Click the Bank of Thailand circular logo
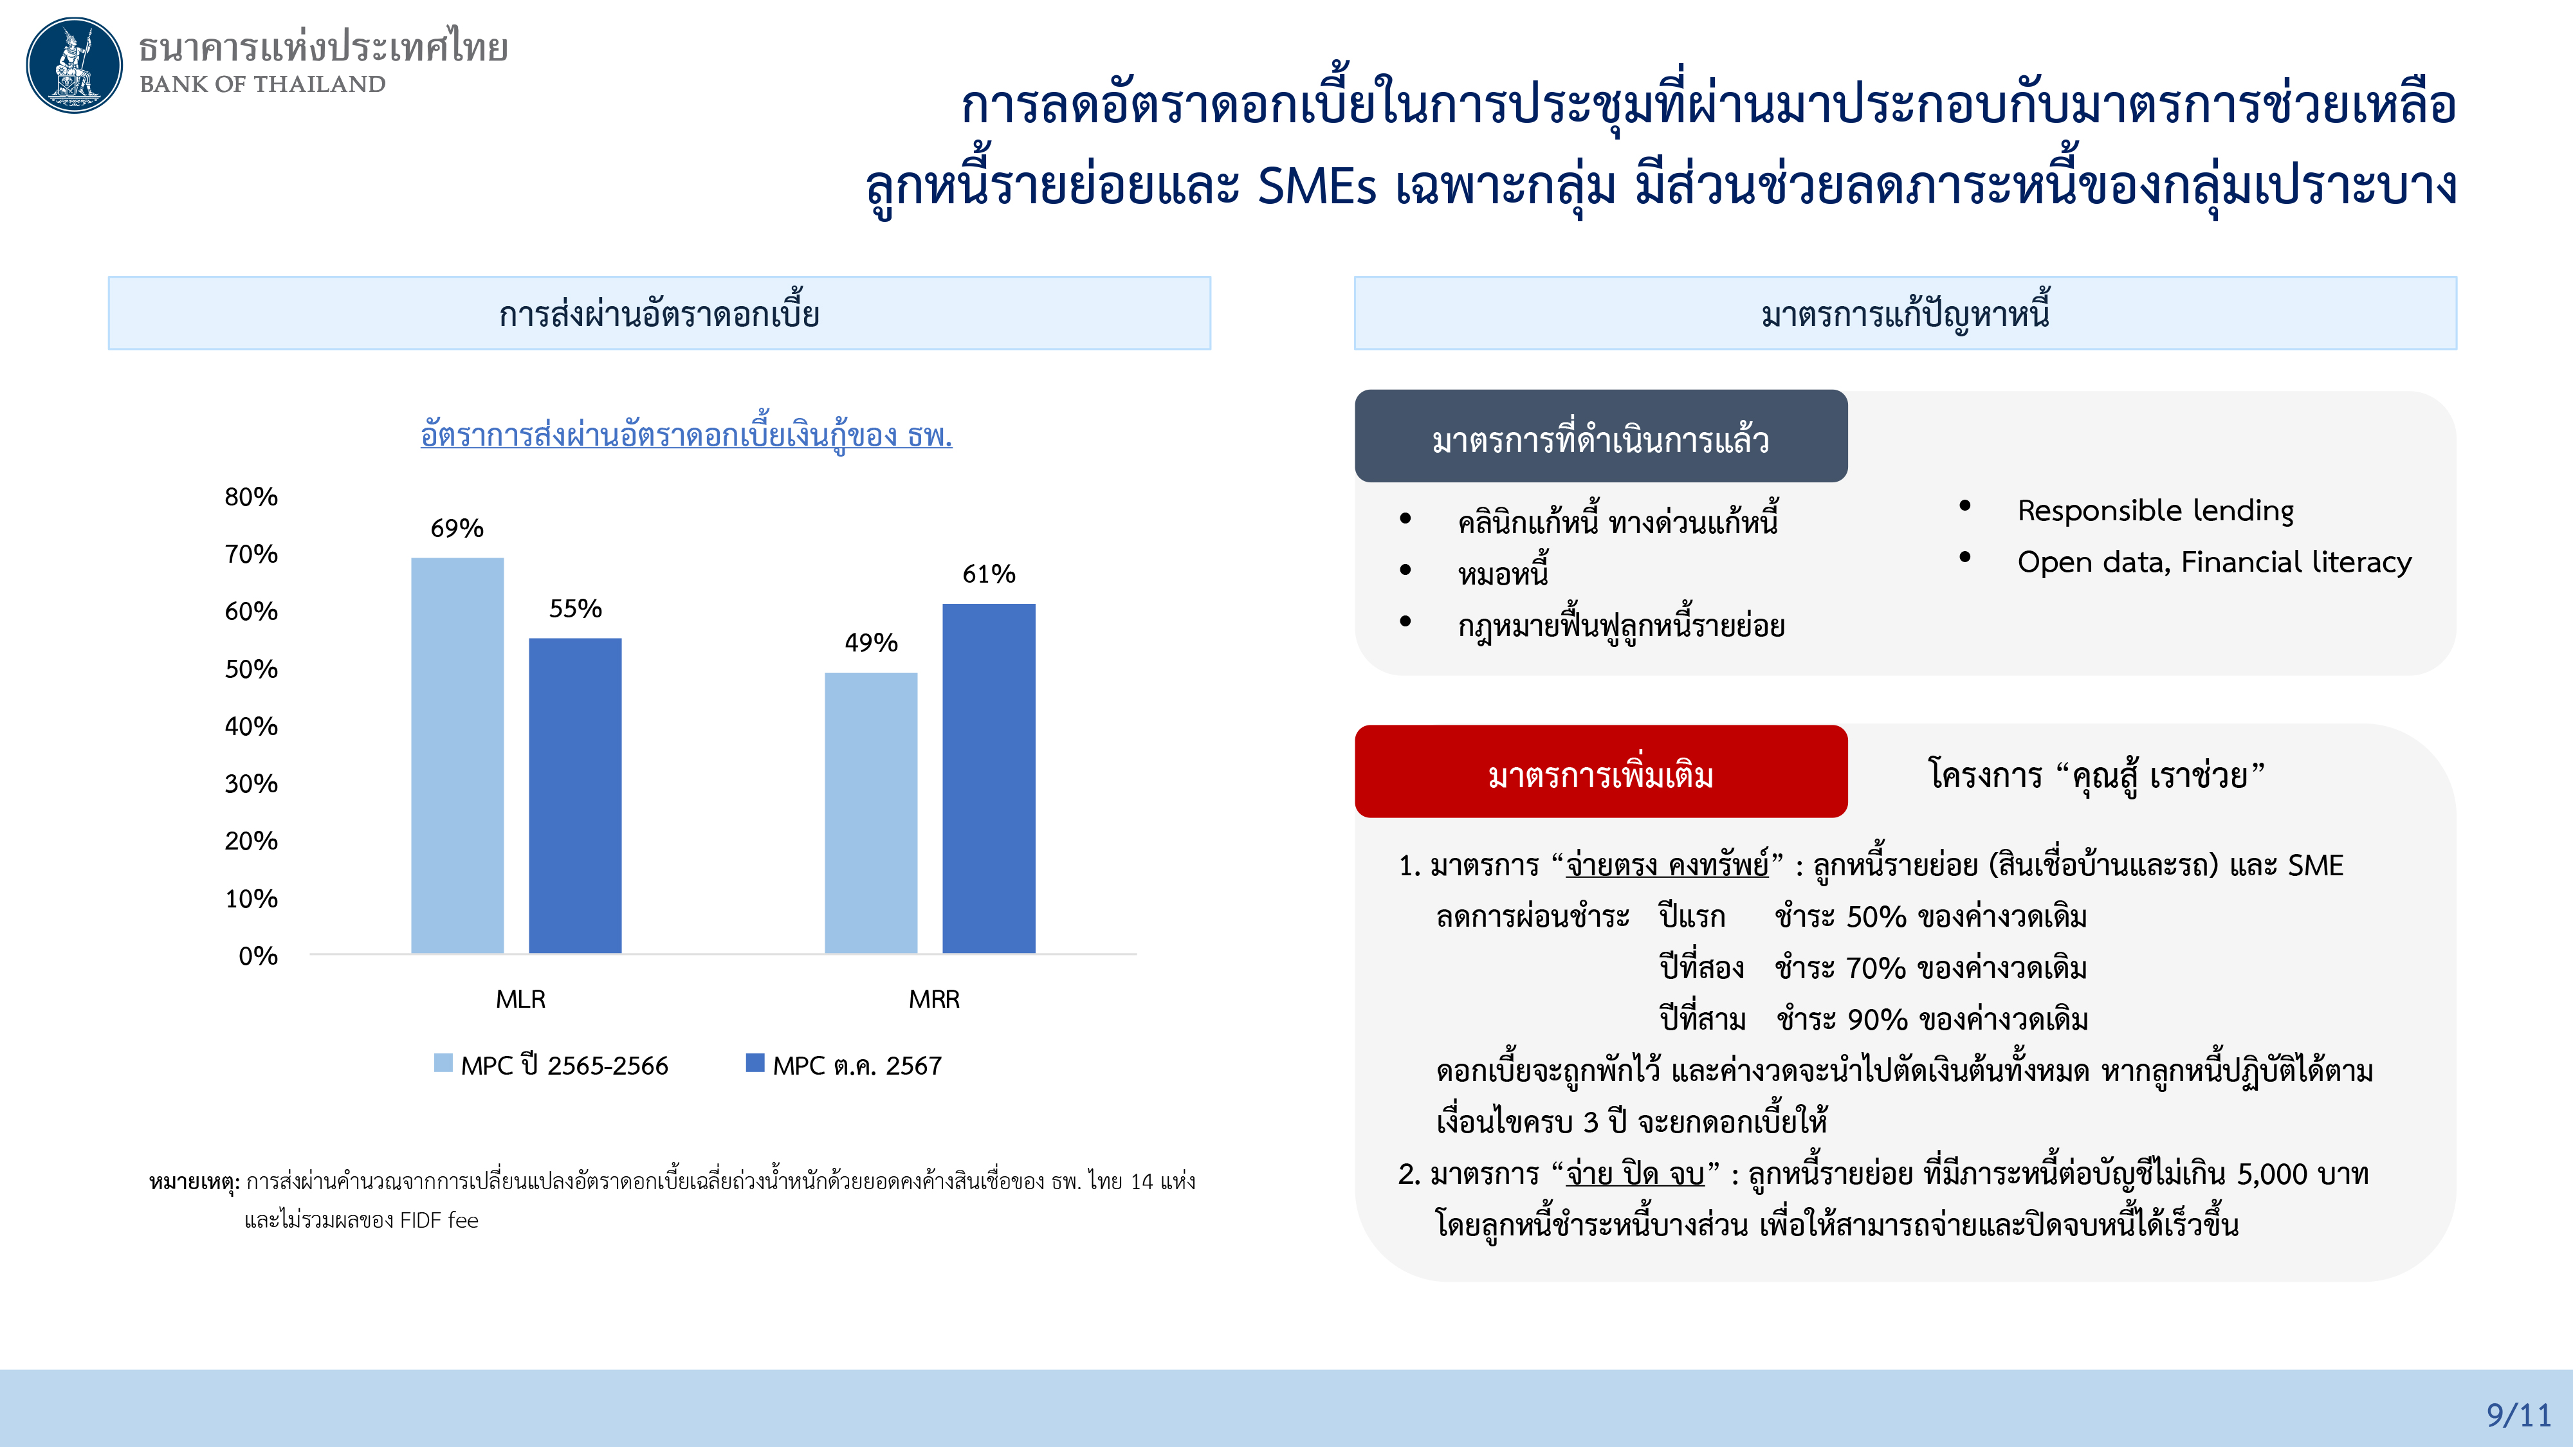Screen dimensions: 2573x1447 74,65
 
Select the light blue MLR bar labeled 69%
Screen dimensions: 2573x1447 457,755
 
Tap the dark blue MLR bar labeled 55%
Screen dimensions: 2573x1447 575,796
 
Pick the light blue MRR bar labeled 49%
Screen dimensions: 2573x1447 871,813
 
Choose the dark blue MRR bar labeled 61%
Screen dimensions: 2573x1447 989,779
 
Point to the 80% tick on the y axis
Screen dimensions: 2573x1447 252,496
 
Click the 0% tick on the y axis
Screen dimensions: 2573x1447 258,956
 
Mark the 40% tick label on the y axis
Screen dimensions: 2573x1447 252,726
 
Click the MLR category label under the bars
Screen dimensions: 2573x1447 520,999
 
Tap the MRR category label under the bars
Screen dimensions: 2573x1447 934,999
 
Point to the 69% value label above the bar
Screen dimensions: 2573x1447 457,527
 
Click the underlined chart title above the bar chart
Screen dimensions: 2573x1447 686,434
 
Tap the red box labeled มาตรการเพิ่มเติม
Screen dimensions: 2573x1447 1601,771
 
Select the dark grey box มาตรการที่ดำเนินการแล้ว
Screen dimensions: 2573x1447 1601,437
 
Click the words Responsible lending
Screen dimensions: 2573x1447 2156,510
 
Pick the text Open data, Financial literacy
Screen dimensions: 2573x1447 2215,562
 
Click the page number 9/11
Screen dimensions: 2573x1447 2518,1414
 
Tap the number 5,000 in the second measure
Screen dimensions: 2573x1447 2273,1174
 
